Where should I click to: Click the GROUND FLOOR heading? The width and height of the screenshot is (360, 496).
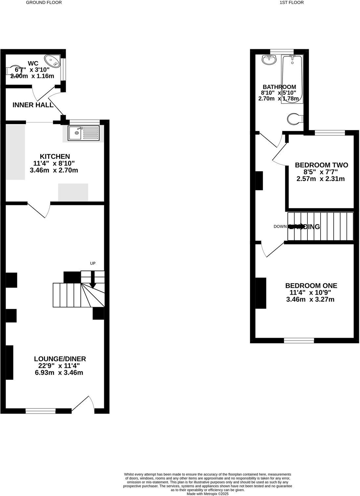pyautogui.click(x=44, y=3)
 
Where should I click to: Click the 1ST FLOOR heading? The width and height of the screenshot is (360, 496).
pyautogui.click(x=291, y=3)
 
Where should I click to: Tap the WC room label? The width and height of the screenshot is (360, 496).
pyautogui.click(x=33, y=63)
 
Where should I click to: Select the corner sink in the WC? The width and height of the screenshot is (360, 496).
pyautogui.click(x=53, y=61)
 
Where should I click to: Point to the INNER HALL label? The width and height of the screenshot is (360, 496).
pyautogui.click(x=33, y=105)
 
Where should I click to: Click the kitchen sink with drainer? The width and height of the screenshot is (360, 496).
pyautogui.click(x=83, y=133)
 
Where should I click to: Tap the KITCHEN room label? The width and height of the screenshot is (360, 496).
pyautogui.click(x=55, y=157)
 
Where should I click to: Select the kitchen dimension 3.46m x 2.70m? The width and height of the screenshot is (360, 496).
pyautogui.click(x=55, y=170)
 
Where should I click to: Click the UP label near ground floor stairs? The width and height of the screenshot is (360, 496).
pyautogui.click(x=93, y=263)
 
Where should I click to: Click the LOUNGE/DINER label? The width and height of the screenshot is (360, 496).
pyautogui.click(x=60, y=359)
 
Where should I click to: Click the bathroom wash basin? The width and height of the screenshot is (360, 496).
pyautogui.click(x=269, y=60)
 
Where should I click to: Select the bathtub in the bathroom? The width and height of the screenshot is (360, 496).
pyautogui.click(x=292, y=79)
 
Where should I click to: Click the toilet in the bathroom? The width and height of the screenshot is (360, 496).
pyautogui.click(x=295, y=119)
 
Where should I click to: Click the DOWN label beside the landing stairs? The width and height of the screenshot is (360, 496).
pyautogui.click(x=280, y=227)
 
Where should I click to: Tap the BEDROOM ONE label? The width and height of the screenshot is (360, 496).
pyautogui.click(x=311, y=286)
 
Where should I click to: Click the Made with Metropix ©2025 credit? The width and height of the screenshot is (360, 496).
pyautogui.click(x=208, y=494)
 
